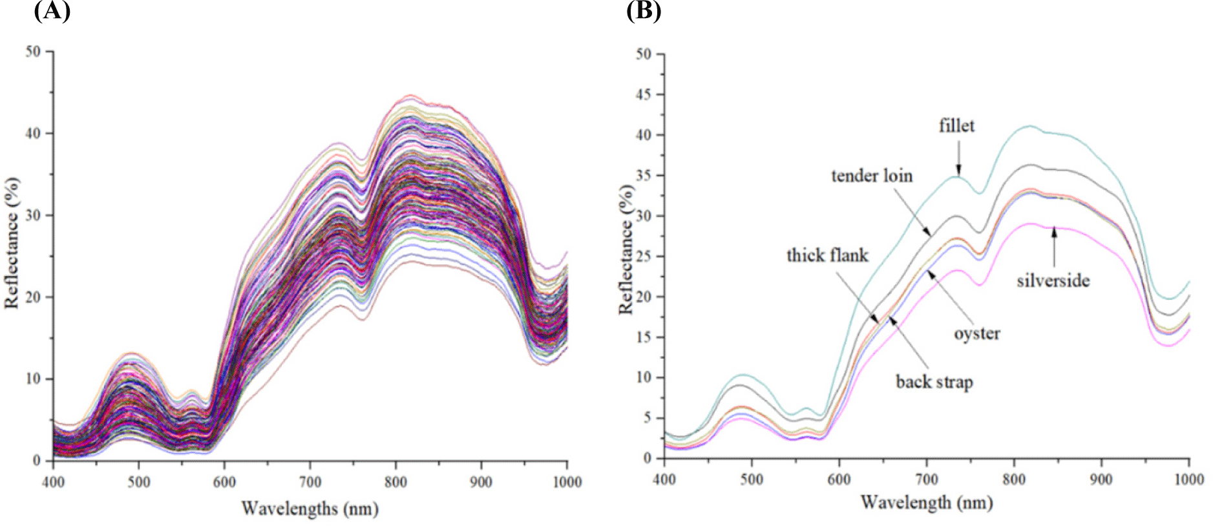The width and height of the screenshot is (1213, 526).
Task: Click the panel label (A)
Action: click(52, 11)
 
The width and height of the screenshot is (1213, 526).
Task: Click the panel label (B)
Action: click(644, 11)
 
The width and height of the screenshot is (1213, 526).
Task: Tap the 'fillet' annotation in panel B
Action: click(956, 126)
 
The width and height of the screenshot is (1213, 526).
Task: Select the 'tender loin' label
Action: click(872, 176)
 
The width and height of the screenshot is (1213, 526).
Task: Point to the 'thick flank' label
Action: click(827, 255)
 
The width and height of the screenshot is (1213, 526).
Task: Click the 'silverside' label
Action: click(1053, 280)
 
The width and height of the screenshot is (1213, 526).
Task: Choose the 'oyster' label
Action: click(976, 333)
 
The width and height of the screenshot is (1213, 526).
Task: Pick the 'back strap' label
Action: click(934, 382)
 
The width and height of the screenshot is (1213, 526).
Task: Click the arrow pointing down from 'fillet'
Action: click(958, 158)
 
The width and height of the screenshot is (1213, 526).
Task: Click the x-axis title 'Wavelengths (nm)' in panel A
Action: click(310, 509)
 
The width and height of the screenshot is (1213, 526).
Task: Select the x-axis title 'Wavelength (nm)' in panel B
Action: click(926, 502)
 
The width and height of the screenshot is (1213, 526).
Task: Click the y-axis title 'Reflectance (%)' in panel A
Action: click(12, 243)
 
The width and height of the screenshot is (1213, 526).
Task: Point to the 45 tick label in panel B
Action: click(643, 94)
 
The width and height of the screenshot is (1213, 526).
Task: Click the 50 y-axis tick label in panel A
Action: click(33, 52)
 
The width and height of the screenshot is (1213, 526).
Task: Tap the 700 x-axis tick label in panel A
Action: click(310, 482)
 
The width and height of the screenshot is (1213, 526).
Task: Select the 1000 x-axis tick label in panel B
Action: click(1188, 479)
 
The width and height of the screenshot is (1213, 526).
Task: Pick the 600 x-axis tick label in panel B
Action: click(839, 479)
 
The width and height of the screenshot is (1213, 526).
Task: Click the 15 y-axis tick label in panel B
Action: click(643, 337)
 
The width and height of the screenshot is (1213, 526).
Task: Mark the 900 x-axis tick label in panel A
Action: click(481, 482)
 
